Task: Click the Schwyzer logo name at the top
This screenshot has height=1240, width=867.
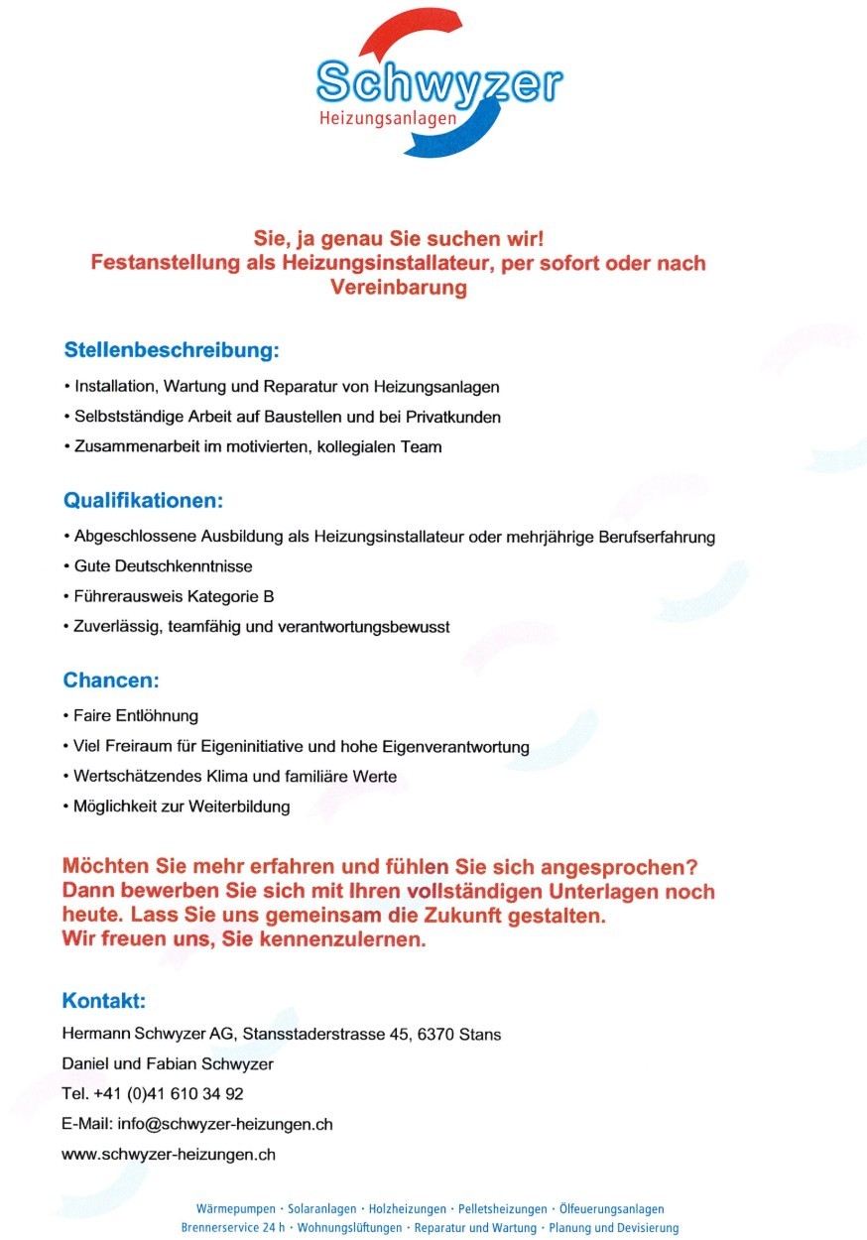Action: (438, 84)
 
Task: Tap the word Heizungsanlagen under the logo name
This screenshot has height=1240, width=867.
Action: (388, 119)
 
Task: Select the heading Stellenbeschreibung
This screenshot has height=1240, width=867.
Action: (172, 350)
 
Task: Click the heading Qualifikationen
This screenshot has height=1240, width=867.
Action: (144, 499)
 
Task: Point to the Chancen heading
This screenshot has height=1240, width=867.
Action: (111, 681)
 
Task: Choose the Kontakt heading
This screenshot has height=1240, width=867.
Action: (104, 1000)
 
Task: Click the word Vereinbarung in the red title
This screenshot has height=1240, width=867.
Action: (398, 289)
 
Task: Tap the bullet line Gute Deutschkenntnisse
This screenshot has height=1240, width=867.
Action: (164, 566)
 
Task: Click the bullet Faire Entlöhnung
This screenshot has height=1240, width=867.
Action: (137, 715)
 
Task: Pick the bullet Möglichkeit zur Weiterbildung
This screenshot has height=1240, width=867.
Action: (182, 806)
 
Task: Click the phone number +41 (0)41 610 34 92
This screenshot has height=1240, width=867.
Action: (169, 1094)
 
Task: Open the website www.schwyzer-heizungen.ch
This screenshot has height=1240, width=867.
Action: (169, 1154)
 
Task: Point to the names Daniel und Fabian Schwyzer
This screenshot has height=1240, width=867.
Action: (168, 1064)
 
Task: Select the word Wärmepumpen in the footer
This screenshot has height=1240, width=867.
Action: (237, 1209)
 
